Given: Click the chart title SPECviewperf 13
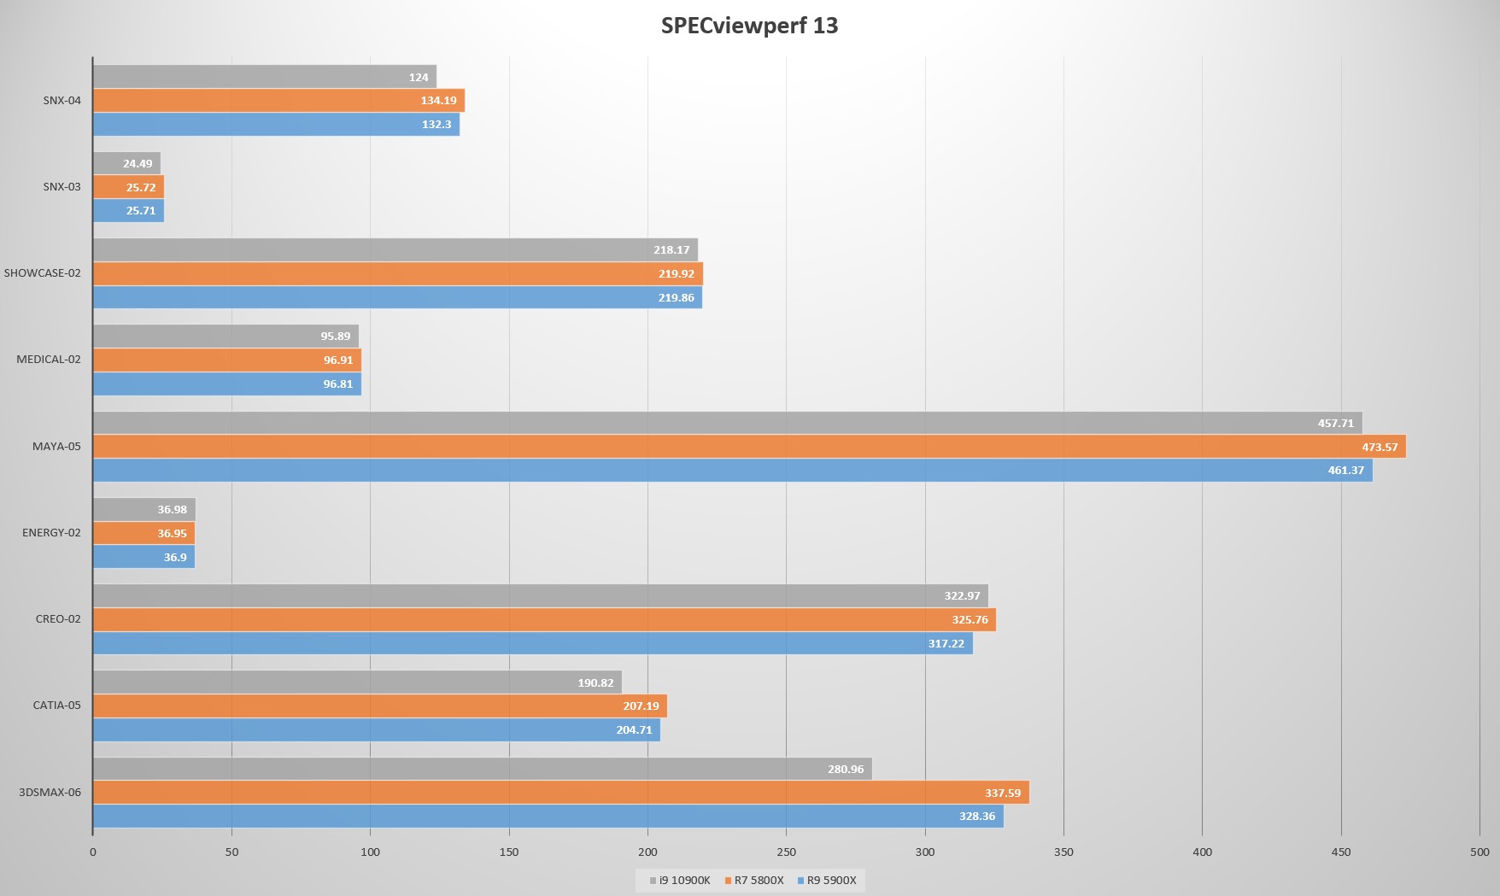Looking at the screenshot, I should click(x=749, y=26).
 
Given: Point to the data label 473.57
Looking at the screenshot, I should click(x=1380, y=447).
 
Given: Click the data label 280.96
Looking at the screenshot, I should click(x=846, y=769).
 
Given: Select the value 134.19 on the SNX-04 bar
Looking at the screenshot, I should click(x=438, y=101).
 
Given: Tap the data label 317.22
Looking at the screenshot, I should click(x=946, y=643).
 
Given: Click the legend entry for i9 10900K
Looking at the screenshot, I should click(x=680, y=880).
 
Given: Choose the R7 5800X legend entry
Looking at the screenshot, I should click(x=754, y=880).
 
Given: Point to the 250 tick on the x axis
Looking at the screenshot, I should click(x=786, y=852).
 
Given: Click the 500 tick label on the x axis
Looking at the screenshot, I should click(x=1479, y=852).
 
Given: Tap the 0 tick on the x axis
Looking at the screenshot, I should click(x=93, y=852).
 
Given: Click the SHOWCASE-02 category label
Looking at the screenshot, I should click(x=43, y=273).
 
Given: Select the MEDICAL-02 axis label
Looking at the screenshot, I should click(x=49, y=360).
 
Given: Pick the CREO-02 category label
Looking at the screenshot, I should click(x=58, y=619).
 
